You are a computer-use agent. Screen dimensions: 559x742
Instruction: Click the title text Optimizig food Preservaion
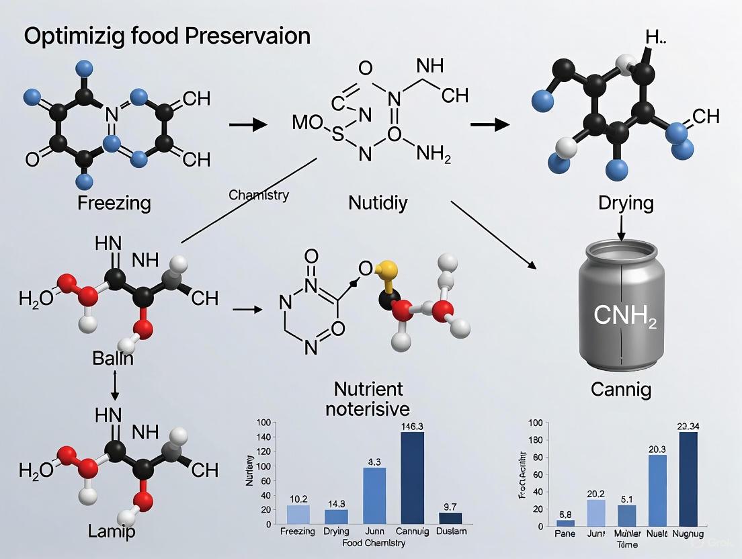167,35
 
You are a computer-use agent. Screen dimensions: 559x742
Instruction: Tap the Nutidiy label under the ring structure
378,202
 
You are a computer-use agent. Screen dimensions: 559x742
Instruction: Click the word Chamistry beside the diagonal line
259,196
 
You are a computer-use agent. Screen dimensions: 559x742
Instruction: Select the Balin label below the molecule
113,358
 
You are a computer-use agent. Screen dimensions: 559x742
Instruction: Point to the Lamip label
112,531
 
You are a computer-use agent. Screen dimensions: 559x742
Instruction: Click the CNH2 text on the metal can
624,315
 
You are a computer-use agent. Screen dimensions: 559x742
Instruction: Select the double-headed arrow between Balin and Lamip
114,386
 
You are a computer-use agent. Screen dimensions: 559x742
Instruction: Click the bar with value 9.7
450,518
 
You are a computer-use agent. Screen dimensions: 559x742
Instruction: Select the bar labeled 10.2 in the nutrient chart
298,514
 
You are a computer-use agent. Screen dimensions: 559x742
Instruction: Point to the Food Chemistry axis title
374,543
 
